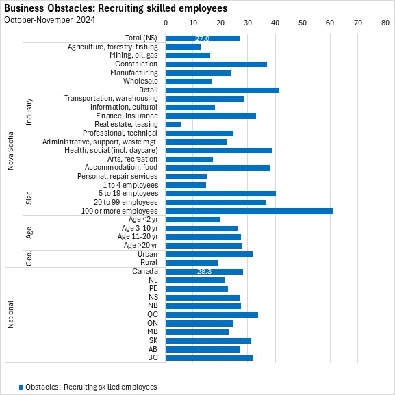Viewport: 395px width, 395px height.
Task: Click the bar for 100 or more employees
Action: (249, 211)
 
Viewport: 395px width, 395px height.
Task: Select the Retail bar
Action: (222, 90)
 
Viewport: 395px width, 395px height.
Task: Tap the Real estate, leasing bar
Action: (173, 125)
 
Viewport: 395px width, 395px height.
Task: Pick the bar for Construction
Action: (216, 64)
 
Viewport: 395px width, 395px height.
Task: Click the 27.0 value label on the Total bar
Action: (202, 38)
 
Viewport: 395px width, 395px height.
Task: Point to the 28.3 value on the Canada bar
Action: (204, 272)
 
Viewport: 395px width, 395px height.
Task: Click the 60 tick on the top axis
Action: (330, 23)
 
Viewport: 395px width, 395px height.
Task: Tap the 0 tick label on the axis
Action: (166, 23)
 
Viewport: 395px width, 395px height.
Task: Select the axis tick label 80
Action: (385, 23)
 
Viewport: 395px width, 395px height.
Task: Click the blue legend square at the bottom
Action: (21, 387)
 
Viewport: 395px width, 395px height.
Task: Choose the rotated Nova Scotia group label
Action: (10, 151)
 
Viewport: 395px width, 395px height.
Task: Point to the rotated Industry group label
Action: (29, 112)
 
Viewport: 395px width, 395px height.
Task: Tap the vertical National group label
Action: (10, 314)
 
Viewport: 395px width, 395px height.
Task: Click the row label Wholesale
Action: (140, 81)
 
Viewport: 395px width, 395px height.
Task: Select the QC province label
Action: (153, 315)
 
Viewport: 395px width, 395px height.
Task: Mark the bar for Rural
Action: (192, 263)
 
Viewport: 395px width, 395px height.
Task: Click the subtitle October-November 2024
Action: (49, 20)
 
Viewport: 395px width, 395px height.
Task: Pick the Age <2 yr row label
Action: (143, 220)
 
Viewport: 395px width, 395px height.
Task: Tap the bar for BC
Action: (209, 358)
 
